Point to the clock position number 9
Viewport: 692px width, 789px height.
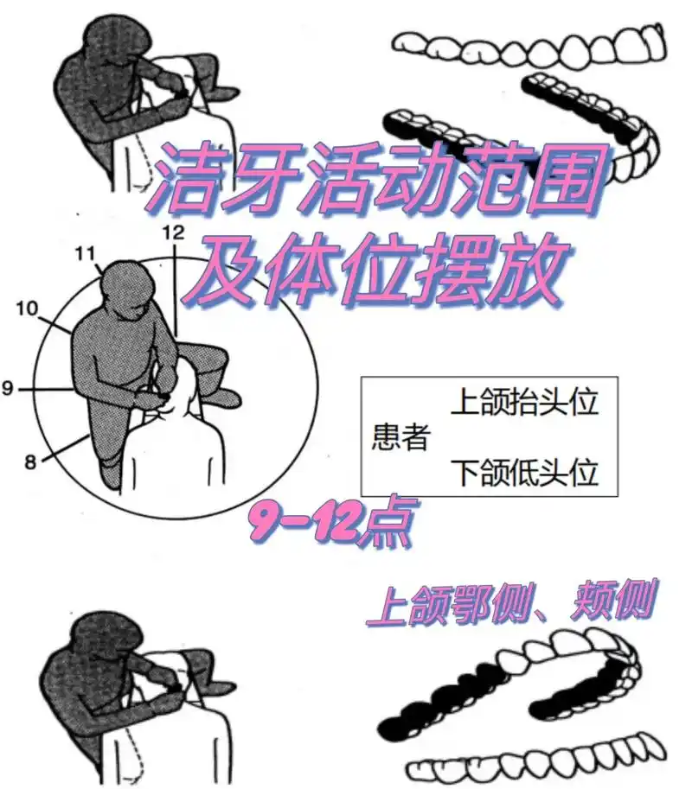tap(8, 389)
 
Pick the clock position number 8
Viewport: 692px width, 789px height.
tap(30, 461)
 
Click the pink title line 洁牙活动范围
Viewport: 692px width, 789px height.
tap(374, 182)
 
